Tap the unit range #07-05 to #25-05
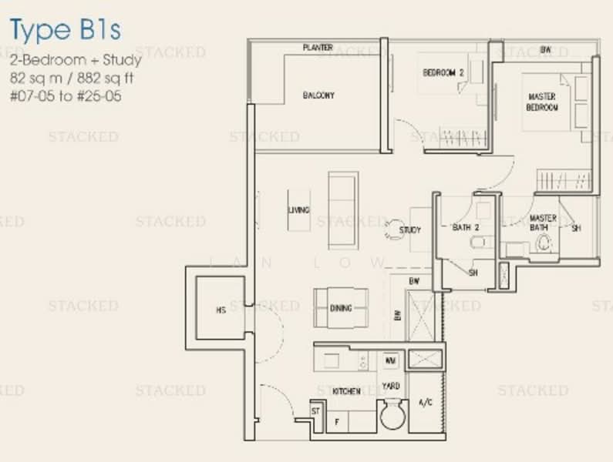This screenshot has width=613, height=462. click(66, 97)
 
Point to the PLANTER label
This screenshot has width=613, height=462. click(318, 48)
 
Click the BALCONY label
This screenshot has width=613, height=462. click(318, 95)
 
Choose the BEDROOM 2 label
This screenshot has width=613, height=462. click(443, 72)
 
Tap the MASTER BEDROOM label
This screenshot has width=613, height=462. click(542, 102)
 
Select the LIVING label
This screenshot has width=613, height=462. click(299, 209)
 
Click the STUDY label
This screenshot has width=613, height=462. click(410, 229)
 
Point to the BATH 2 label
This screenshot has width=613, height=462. click(466, 227)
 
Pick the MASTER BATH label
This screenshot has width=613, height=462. click(543, 223)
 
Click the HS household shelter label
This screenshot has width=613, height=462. click(221, 310)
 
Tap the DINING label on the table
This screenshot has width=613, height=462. click(341, 308)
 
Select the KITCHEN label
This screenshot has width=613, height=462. click(346, 391)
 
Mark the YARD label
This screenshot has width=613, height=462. click(391, 385)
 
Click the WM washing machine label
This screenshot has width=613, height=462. click(390, 360)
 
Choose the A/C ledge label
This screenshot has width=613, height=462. click(425, 402)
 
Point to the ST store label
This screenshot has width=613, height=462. click(316, 410)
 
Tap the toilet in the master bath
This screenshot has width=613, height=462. click(545, 244)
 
